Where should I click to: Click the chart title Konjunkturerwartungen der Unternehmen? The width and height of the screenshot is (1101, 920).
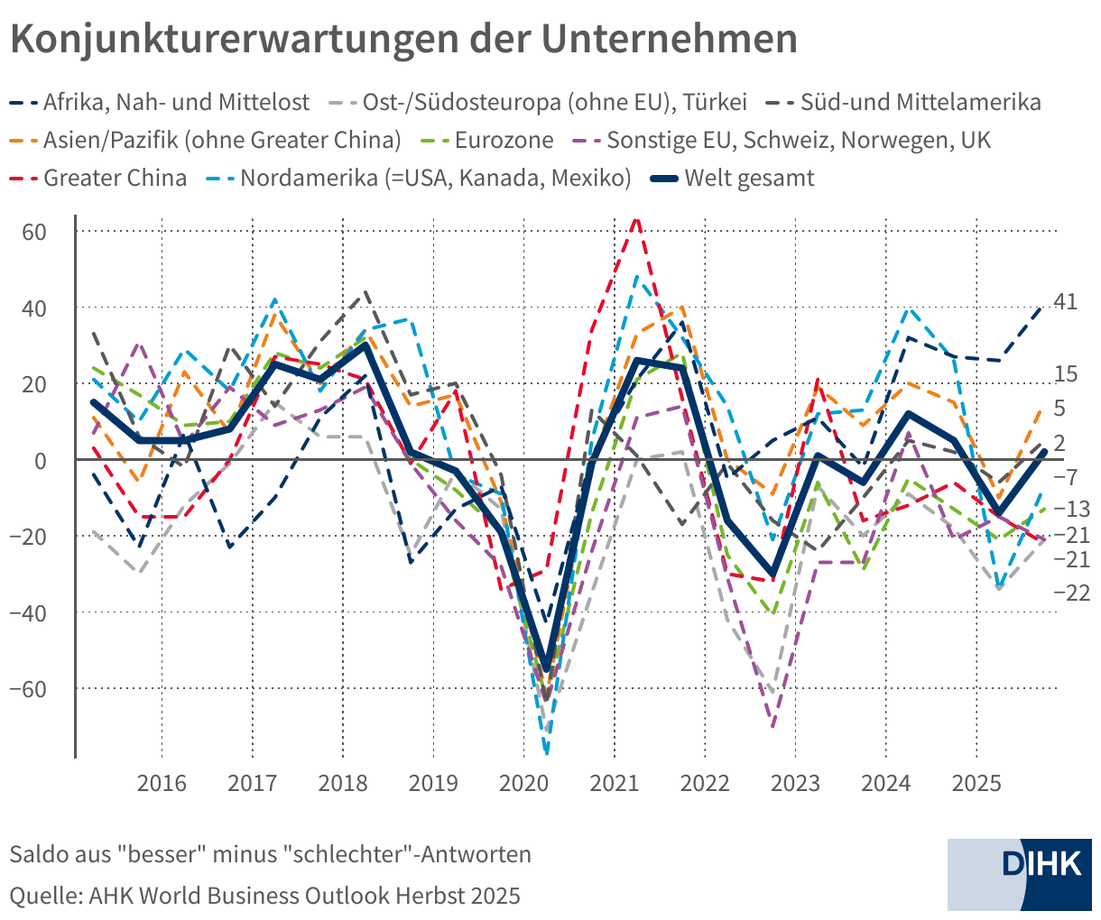click(x=403, y=41)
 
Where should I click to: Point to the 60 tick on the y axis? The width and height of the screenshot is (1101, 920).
click(x=34, y=231)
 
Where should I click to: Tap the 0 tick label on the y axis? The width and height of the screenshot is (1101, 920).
click(x=41, y=460)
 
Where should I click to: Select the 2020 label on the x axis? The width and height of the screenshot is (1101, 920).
click(x=523, y=783)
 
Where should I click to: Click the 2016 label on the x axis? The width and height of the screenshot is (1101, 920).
click(x=162, y=783)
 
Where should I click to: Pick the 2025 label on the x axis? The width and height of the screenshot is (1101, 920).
click(x=976, y=783)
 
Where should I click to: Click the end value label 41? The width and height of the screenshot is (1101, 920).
click(x=1066, y=302)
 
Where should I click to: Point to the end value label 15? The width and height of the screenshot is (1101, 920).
click(x=1066, y=373)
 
